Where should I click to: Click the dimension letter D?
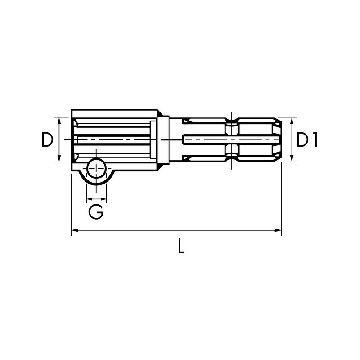pos(47,140)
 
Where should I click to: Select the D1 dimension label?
pos(307,140)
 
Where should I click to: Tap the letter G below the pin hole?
pos(96,211)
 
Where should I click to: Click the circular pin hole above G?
pos(96,170)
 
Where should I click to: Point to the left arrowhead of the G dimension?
pos(89,198)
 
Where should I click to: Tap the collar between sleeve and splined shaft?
pos(163,140)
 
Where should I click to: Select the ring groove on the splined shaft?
pos(231,139)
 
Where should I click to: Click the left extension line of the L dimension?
pos(72,202)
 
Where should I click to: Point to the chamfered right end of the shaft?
pos(278,139)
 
